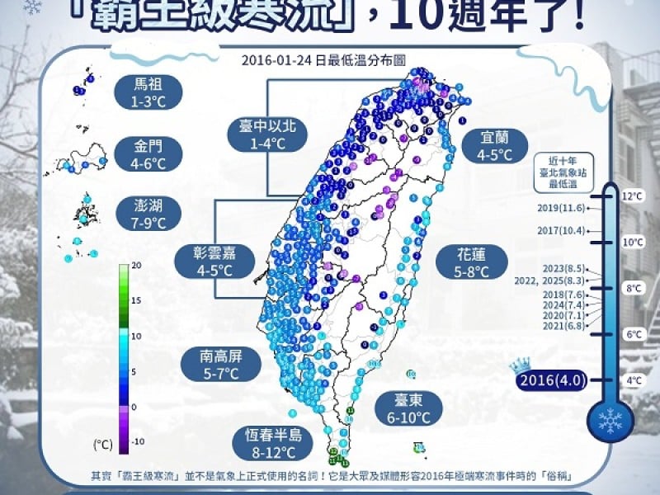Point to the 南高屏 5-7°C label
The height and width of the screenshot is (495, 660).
pyautogui.click(x=220, y=365)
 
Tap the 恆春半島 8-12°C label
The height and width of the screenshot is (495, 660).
pyautogui.click(x=272, y=442)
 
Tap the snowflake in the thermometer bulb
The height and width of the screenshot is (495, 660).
pyautogui.click(x=610, y=422)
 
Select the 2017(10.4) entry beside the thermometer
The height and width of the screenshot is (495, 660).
pyautogui.click(x=560, y=231)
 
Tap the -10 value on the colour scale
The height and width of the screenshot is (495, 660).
pyautogui.click(x=139, y=441)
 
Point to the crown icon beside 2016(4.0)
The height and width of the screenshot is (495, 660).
pyautogui.click(x=519, y=365)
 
